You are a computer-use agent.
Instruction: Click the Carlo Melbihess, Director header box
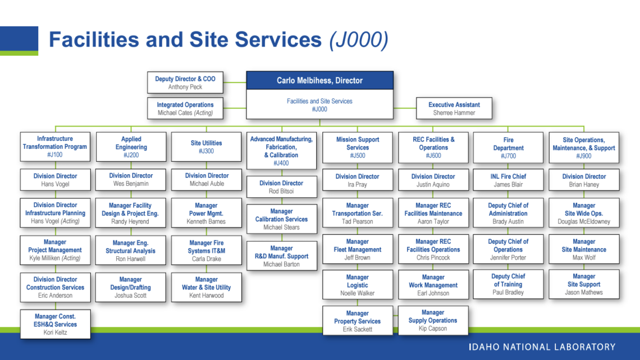pos(319,80)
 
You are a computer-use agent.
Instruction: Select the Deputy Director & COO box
pos(185,83)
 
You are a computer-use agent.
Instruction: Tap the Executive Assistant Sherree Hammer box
pos(454,108)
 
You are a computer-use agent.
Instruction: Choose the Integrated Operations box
pos(185,109)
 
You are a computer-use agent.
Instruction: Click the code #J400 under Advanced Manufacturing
pos(281,163)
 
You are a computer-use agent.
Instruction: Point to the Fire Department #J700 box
pos(508,148)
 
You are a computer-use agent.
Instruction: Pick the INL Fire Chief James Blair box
pos(508,180)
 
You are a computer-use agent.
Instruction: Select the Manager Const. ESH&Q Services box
pos(55,324)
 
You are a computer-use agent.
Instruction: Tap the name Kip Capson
pos(433,329)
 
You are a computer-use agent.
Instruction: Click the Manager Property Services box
pos(357,321)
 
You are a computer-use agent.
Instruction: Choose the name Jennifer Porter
pos(508,258)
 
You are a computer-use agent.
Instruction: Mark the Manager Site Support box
pos(584,284)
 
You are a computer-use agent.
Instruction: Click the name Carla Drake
pos(207,259)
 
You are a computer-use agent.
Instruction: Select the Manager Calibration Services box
pos(281,219)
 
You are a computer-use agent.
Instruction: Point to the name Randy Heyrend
pos(130,222)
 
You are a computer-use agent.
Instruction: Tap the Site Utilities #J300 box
pos(207,147)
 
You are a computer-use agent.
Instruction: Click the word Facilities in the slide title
pos(93,40)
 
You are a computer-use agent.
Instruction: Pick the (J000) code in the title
pos(358,40)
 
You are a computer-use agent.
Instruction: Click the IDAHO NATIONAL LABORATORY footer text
pos(542,347)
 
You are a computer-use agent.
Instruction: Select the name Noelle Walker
pos(357,293)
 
